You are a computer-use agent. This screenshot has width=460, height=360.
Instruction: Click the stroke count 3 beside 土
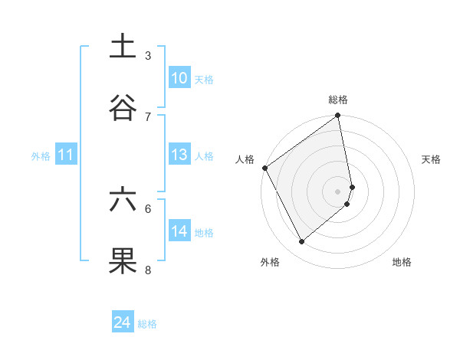148,55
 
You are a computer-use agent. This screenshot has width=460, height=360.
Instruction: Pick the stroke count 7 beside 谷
148,116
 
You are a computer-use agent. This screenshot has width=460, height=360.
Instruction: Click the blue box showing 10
179,78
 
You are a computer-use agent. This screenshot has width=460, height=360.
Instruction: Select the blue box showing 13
179,155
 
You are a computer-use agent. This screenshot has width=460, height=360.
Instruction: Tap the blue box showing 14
179,231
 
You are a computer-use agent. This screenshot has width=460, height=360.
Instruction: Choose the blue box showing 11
66,155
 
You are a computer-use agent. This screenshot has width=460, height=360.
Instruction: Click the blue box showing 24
123,323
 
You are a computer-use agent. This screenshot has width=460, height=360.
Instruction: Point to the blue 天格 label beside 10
203,79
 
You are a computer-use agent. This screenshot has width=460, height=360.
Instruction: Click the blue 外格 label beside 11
41,155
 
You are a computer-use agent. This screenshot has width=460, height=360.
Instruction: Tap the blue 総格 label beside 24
147,324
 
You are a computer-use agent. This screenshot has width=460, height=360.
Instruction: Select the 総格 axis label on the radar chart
338,100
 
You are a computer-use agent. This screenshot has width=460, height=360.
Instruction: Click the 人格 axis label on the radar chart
245,159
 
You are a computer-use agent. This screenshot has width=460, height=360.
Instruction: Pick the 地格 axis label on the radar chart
402,262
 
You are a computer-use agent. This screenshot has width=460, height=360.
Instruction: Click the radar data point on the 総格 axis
338,116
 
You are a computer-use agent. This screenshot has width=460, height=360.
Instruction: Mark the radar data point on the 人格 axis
264,168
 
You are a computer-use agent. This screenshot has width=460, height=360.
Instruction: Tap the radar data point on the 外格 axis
302,241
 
